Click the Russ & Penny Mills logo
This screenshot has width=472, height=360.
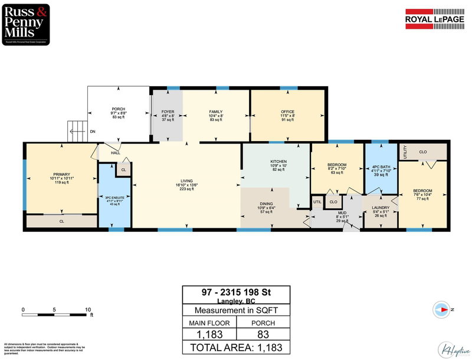(25, 24)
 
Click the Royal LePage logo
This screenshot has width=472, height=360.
(435, 18)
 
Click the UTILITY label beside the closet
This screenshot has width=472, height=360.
(405, 152)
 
